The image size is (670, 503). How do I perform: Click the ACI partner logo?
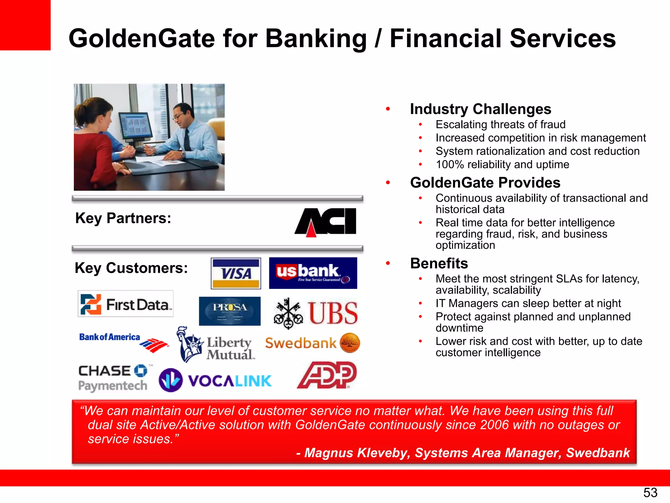(x=326, y=222)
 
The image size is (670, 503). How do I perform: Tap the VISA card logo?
(x=236, y=273)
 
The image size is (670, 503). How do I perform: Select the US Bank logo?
(x=313, y=273)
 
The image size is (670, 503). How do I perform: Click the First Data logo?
(x=126, y=304)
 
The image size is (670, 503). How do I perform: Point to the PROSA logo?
(x=230, y=311)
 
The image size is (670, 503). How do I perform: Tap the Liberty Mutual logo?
(x=216, y=345)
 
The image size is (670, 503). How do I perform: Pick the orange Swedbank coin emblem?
(x=350, y=343)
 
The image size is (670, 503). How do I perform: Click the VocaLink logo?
(x=215, y=381)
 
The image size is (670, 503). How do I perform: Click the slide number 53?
(x=650, y=493)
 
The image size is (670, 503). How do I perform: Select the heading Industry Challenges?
(x=480, y=109)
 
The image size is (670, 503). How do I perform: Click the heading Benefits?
(x=439, y=263)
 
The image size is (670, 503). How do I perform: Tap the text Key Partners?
(x=123, y=218)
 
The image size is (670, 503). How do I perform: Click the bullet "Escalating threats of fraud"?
(x=500, y=124)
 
